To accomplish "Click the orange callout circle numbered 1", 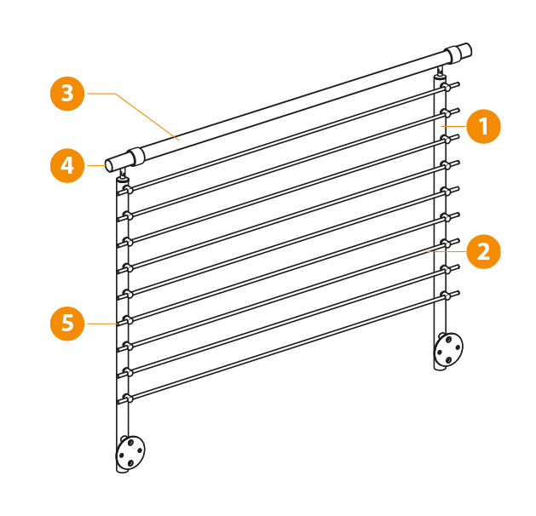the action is (483, 126).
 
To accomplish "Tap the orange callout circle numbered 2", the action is (483, 252).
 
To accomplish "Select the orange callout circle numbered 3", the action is (67, 94).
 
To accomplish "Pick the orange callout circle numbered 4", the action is (67, 166).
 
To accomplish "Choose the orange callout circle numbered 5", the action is (67, 324).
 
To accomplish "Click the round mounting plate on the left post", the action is (130, 451).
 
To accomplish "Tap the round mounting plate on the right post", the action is (448, 349).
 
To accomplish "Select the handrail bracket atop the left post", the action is (123, 175).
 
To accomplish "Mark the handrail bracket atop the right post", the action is (441, 72).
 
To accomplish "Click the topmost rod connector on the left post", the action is (128, 189).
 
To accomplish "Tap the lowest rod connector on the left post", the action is (128, 398).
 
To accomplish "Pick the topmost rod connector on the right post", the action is (445, 87).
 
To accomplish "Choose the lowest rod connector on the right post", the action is (445, 295).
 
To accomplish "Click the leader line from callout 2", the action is (447, 252).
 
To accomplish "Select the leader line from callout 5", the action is (103, 324).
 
